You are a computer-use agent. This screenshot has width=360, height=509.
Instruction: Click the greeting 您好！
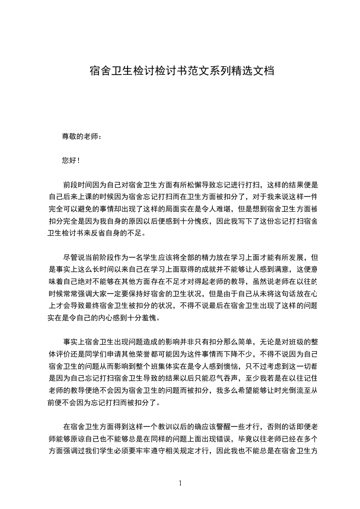click(x=71, y=160)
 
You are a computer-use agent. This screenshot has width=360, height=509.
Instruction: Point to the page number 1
click(x=180, y=483)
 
